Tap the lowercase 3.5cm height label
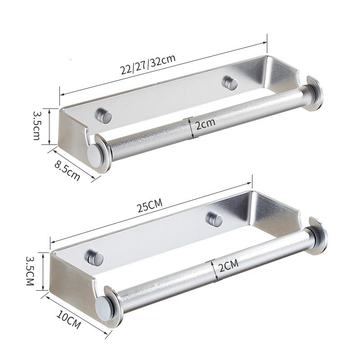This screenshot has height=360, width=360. (x=38, y=126)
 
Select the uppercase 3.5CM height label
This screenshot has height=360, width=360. (x=30, y=271)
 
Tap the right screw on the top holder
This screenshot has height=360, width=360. (x=231, y=83)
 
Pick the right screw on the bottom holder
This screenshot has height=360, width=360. (x=213, y=218)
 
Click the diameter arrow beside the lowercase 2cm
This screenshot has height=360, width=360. (x=191, y=128)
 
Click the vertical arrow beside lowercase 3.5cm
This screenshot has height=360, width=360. (x=49, y=126)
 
